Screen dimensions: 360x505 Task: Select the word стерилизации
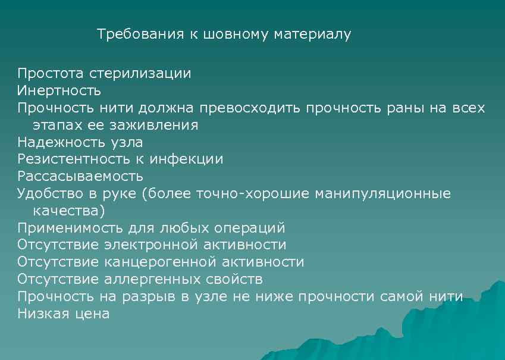click(x=140, y=74)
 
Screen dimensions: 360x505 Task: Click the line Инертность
click(x=59, y=91)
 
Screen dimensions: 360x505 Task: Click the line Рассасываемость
click(x=80, y=177)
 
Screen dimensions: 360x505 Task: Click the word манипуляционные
click(x=382, y=194)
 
